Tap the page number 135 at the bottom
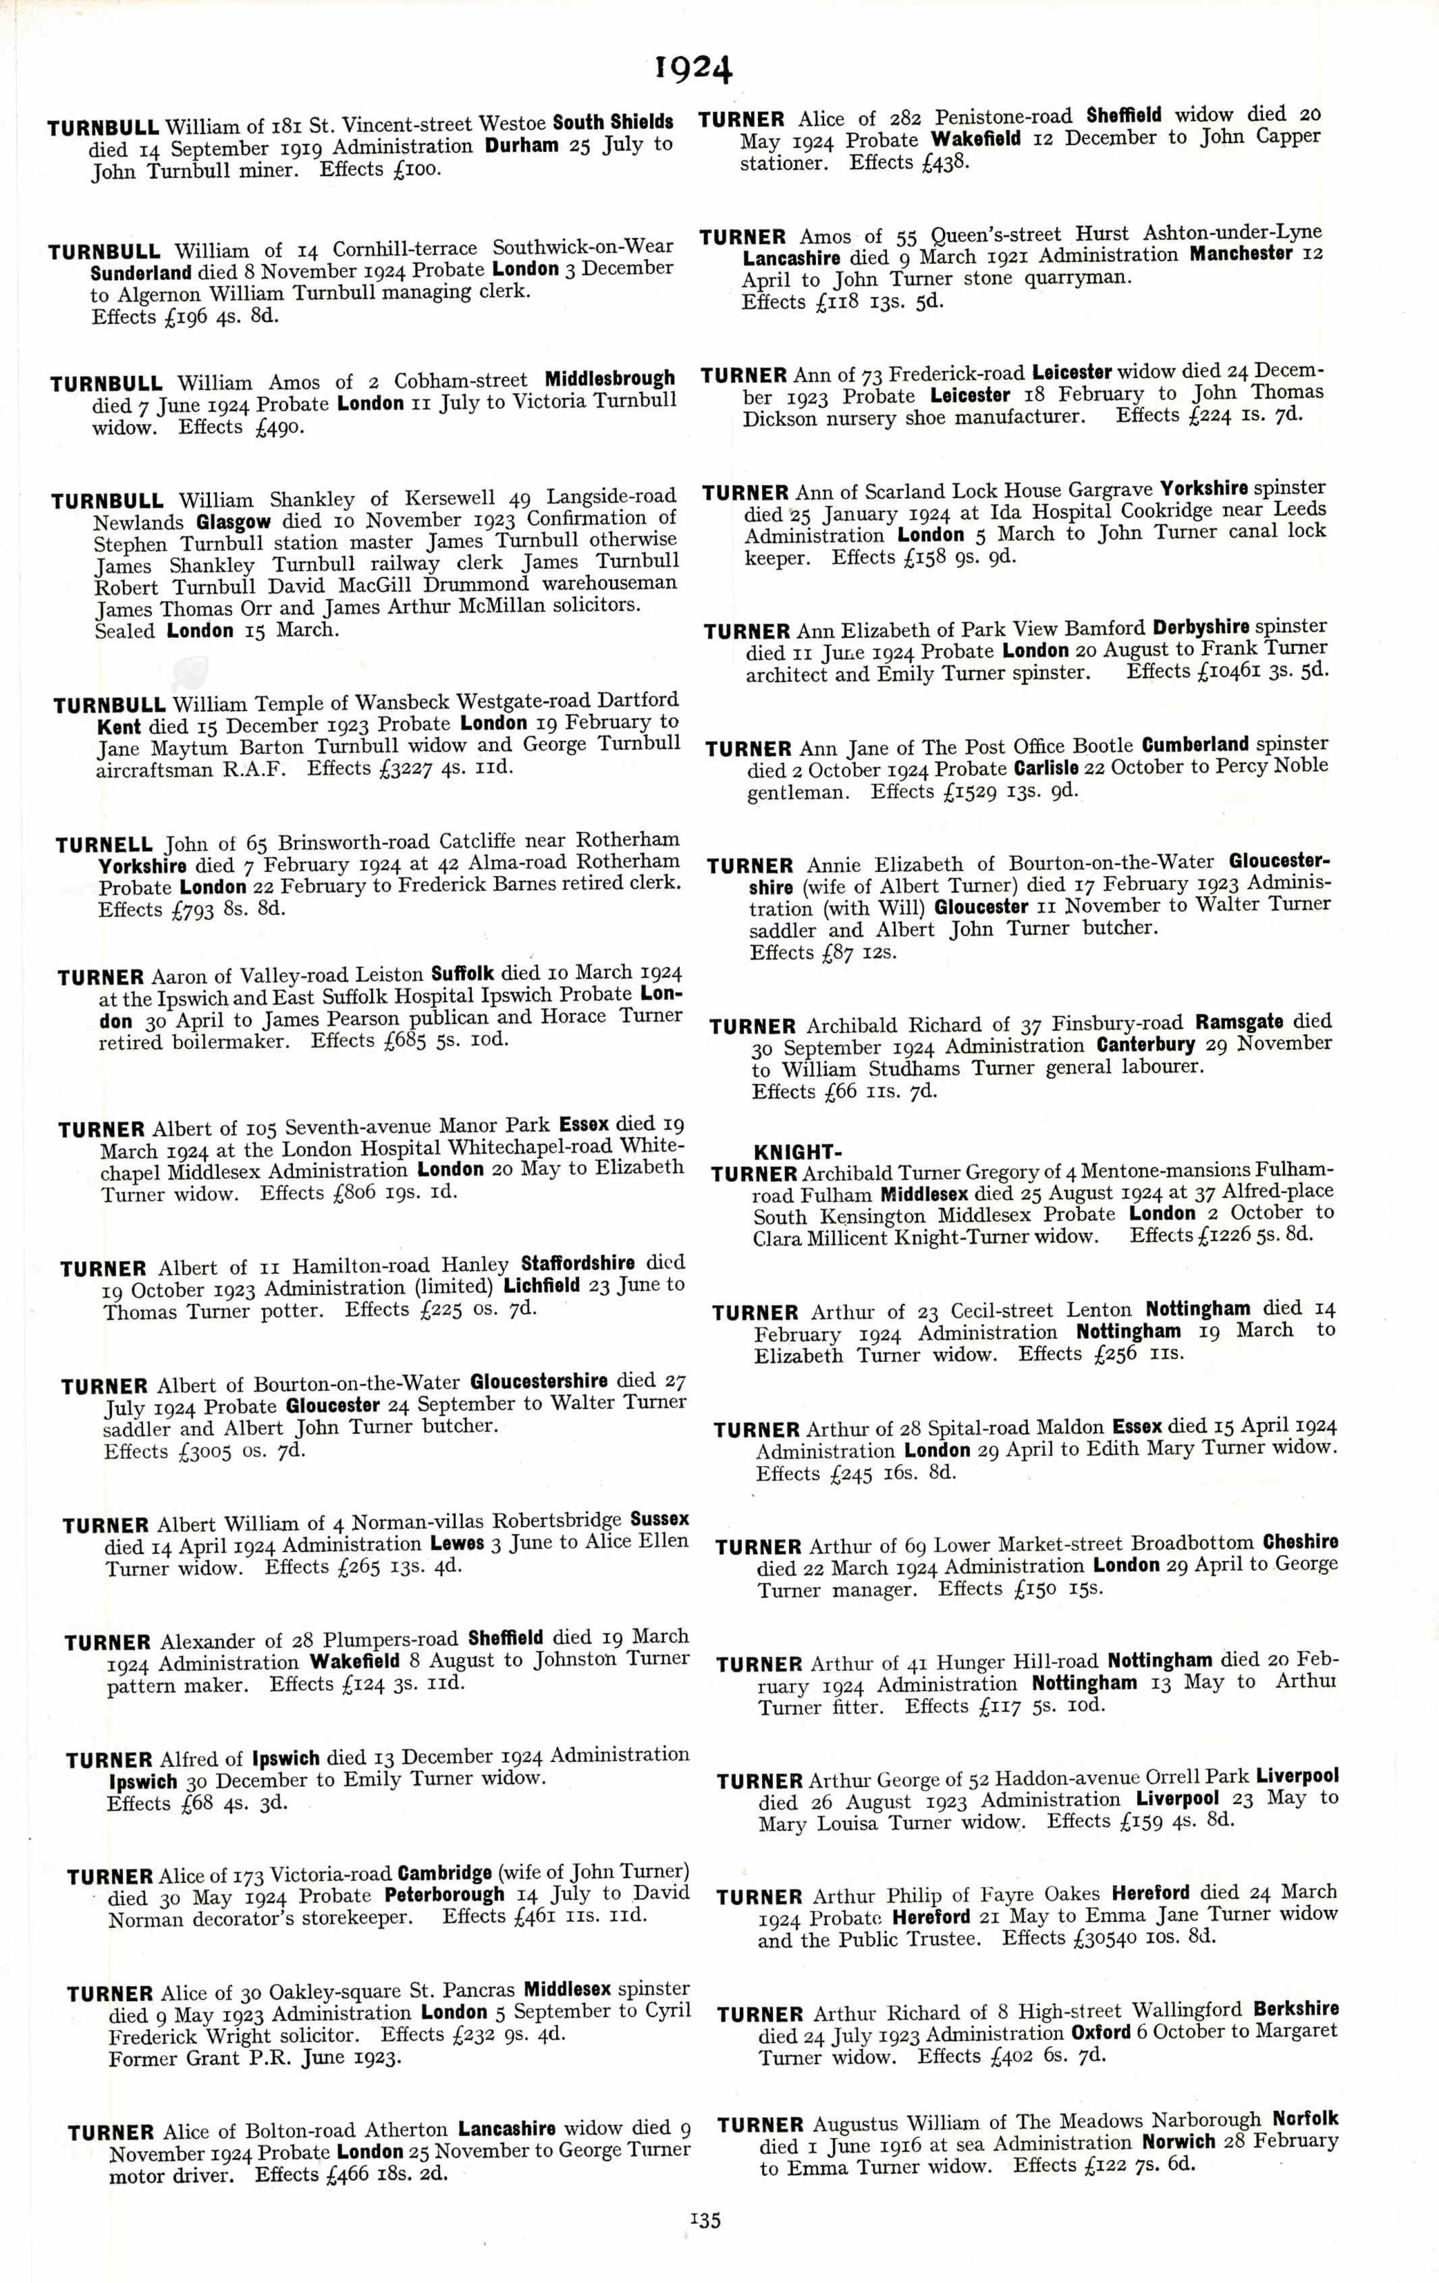[705, 2220]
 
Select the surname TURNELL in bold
[104, 845]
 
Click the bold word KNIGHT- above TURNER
[794, 1153]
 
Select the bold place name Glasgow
[234, 522]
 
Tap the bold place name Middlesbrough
[609, 379]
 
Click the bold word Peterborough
[445, 1895]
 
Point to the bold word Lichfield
[541, 1286]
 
